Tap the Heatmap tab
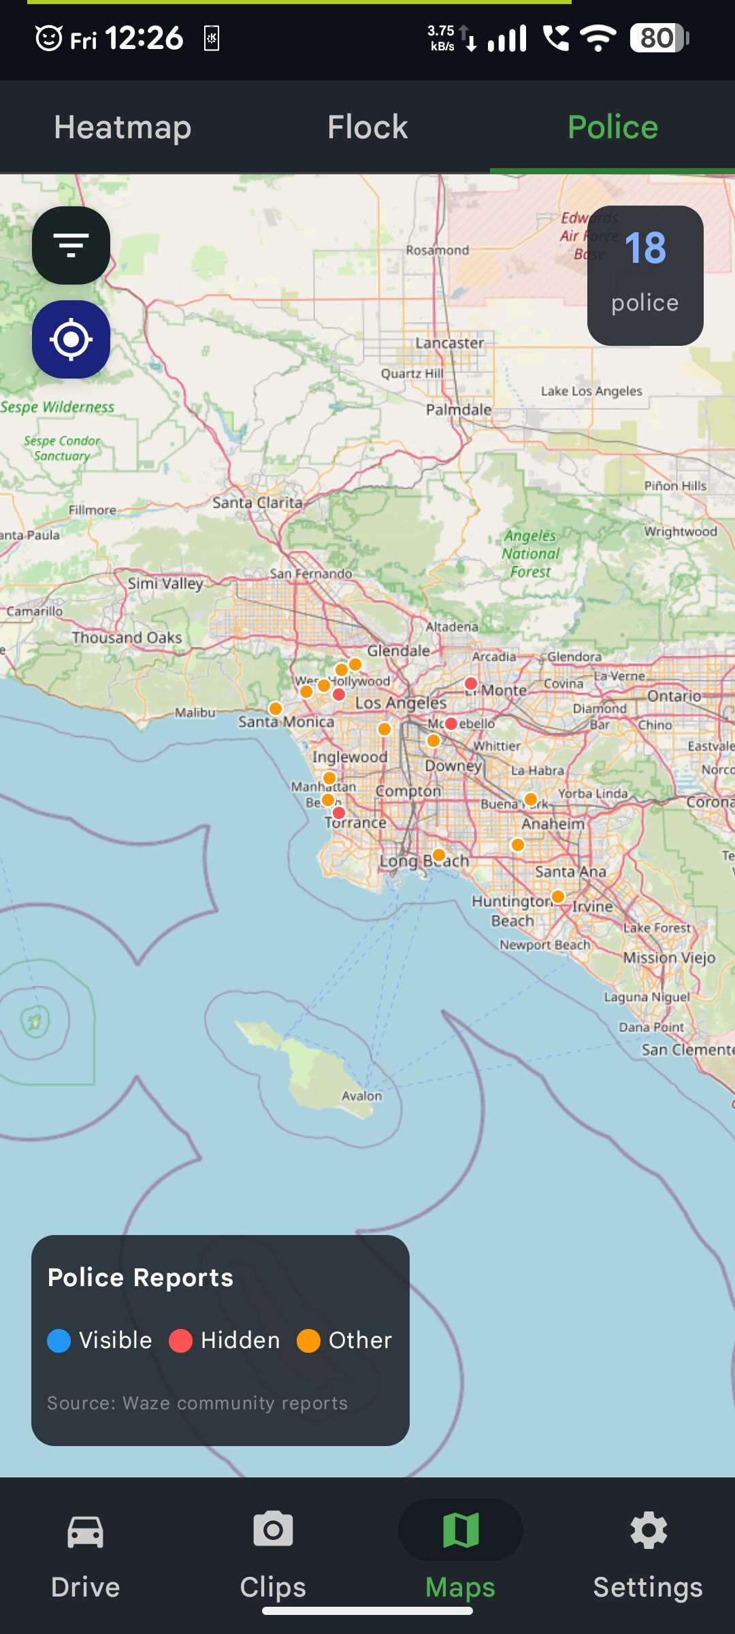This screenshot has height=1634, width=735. (122, 127)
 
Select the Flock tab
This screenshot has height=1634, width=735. (367, 127)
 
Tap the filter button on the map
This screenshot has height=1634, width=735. (71, 245)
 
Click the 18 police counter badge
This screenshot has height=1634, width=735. (644, 275)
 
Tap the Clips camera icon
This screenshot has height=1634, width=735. (273, 1531)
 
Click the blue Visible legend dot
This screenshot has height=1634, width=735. (59, 1341)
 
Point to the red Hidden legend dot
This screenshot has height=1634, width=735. (180, 1341)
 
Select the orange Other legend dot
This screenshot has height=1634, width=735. (308, 1341)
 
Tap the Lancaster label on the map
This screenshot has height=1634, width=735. (450, 343)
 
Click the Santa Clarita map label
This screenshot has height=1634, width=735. (257, 502)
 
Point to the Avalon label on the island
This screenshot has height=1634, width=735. (361, 1095)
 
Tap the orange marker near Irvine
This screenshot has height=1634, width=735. (558, 897)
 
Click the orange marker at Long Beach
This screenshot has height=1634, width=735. (439, 855)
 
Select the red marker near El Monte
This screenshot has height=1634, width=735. (471, 684)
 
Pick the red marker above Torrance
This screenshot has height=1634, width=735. (339, 813)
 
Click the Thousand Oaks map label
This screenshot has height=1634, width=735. (127, 637)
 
